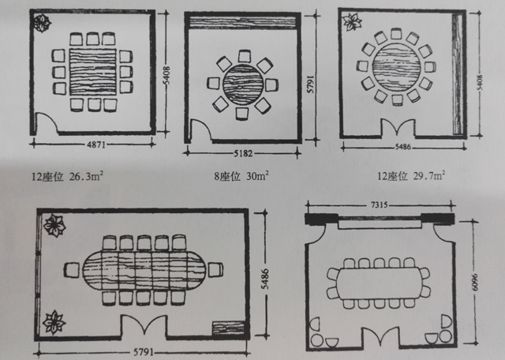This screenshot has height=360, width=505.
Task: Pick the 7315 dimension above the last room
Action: (x=380, y=204)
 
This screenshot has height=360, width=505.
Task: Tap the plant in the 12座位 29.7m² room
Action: (x=351, y=21)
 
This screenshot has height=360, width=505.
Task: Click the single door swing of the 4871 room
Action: (x=48, y=122)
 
